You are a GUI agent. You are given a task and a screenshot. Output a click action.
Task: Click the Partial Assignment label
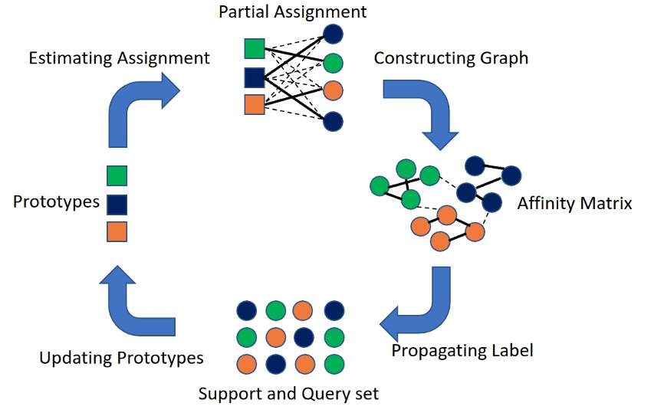point(292,12)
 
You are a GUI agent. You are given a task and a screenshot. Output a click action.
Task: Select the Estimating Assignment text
point(119,57)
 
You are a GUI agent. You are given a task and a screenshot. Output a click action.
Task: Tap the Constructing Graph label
point(451,58)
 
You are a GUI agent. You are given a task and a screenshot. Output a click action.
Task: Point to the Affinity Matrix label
point(574,204)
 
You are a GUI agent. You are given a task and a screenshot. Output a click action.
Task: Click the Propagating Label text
point(462,351)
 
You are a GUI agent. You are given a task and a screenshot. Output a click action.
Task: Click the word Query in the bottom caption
point(326,394)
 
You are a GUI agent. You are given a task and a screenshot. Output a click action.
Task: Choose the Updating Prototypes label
point(121,358)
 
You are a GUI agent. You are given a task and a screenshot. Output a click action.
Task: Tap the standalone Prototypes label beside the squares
point(56,202)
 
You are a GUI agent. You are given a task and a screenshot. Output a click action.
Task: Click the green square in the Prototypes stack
point(117,176)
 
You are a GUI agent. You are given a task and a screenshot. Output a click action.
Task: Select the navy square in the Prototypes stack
point(117,204)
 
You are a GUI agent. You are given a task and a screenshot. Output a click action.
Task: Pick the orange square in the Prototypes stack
point(117,231)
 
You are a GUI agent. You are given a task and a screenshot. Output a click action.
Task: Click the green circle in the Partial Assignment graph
point(333,62)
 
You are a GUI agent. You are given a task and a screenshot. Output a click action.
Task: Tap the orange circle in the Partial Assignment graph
point(333,90)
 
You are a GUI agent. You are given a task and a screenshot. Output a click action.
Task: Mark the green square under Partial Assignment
point(255,48)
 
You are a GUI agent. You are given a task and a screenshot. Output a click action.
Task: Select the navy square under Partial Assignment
point(255,77)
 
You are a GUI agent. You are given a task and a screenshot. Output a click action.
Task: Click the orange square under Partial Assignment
point(255,105)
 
